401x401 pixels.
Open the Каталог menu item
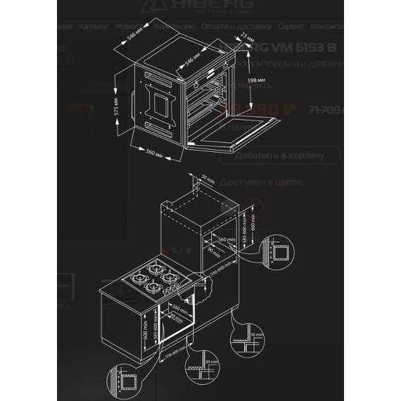[94, 26]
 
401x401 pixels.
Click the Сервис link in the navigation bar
[290, 26]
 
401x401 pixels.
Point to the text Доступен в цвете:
[262, 182]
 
